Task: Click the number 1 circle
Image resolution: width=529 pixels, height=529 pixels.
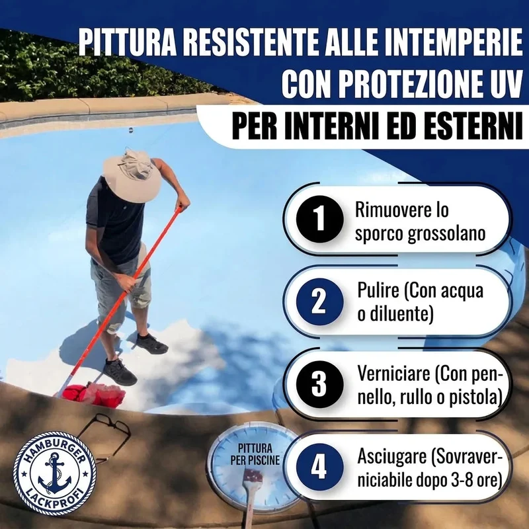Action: point(319,219)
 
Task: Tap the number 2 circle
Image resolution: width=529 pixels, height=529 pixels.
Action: point(319,302)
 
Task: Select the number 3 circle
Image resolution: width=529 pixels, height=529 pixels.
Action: point(319,384)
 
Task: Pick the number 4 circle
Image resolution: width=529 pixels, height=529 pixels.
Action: point(319,467)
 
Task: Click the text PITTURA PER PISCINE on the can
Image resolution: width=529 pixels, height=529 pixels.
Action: point(255,454)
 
